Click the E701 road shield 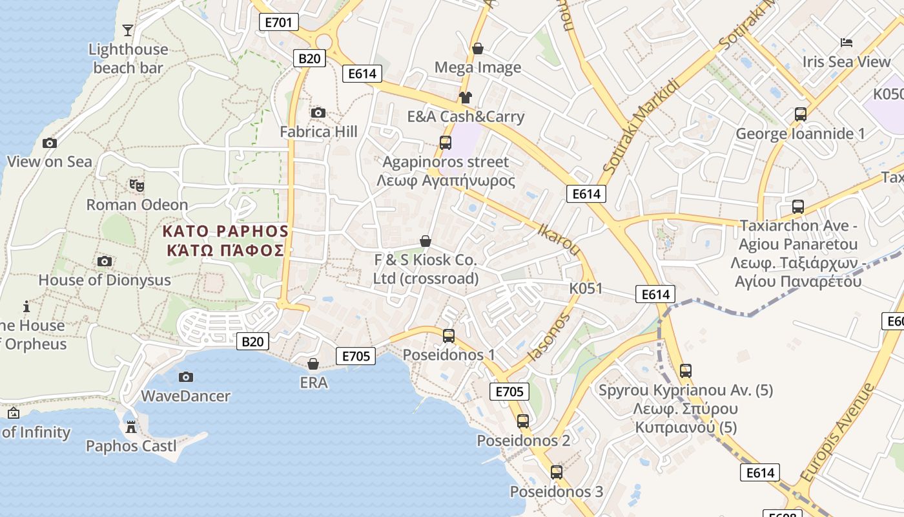coord(279,23)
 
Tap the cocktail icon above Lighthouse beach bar coord(128,30)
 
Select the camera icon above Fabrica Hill coord(318,113)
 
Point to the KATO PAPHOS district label coord(225,240)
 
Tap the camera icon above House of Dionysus coord(104,261)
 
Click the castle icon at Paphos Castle coord(131,427)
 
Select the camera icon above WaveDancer coord(185,377)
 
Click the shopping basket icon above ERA coord(313,364)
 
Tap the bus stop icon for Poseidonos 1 coord(449,336)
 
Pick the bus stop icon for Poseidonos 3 coord(557,472)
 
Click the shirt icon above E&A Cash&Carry coord(465,98)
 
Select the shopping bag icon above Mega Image coord(478,48)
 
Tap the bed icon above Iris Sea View coord(847,43)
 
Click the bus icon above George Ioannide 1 coord(801,114)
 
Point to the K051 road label coord(586,288)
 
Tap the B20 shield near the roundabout coord(309,58)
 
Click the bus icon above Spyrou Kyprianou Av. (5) coord(686,371)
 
